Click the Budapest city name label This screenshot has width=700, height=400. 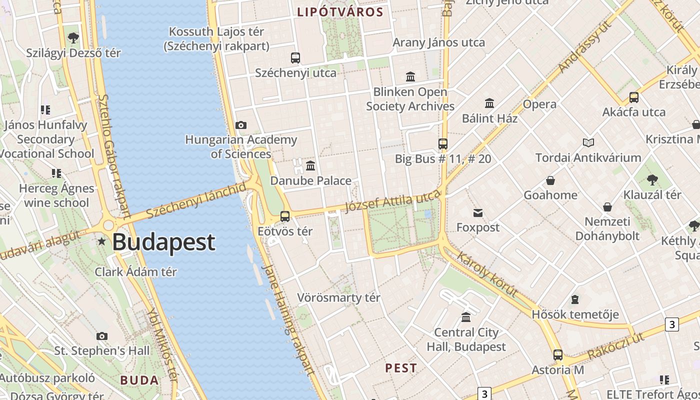point(163,242)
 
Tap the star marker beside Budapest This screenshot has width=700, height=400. point(102,241)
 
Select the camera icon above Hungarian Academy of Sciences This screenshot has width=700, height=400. point(241,125)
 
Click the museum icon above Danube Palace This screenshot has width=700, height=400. point(310,165)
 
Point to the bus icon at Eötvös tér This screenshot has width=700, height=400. point(285,216)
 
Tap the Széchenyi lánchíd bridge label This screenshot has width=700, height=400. point(197,200)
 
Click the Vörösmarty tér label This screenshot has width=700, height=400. point(338,297)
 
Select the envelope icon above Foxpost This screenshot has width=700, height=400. point(478,213)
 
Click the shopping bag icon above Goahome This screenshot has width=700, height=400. point(550,180)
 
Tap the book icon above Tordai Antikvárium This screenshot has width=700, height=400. point(588,143)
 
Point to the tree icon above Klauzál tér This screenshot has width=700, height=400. point(652,180)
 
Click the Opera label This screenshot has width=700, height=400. point(539,104)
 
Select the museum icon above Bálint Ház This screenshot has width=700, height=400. point(489,103)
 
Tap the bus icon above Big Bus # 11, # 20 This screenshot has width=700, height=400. point(443,144)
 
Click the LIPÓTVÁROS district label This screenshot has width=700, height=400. point(340,12)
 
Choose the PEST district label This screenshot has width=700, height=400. point(401,368)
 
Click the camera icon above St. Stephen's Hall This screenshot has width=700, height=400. point(102,336)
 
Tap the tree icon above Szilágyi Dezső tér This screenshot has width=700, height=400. point(73,37)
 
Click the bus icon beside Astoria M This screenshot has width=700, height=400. point(558,355)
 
